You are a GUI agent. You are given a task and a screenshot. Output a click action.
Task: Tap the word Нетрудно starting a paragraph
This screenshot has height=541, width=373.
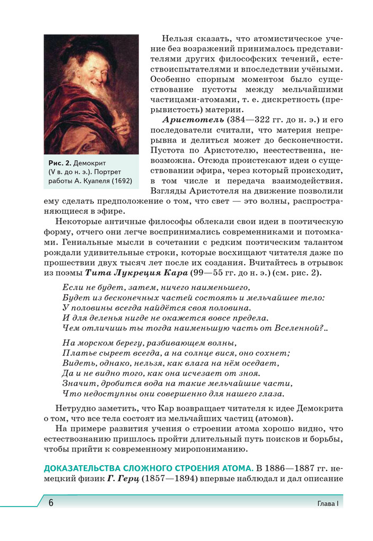(x=75, y=408)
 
